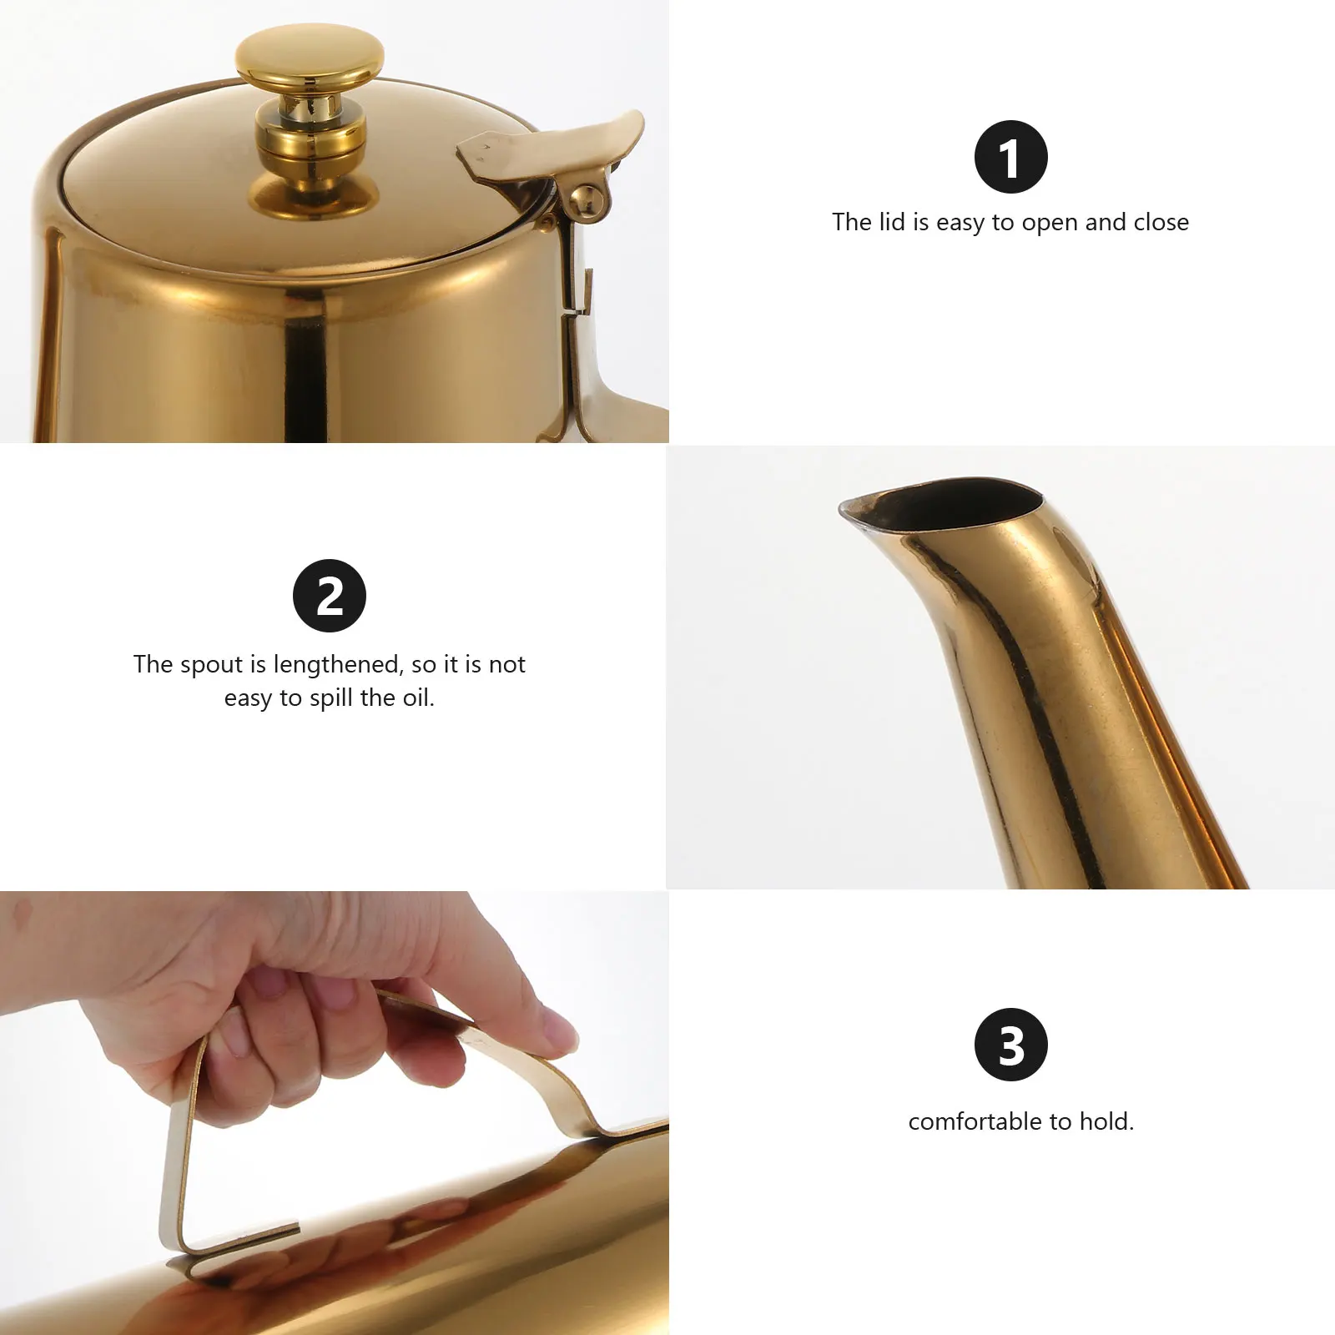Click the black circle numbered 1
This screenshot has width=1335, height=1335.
pos(1010,157)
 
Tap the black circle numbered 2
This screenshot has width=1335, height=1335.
pos(330,596)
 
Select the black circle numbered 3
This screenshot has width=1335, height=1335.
pos(1010,1045)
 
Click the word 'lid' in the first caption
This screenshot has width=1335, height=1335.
pos(891,222)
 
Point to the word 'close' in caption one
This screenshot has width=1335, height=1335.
pos(1161,222)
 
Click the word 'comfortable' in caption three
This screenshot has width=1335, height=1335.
pos(975,1121)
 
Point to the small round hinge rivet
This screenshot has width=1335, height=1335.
pos(586,199)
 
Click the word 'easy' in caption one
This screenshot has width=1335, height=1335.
pos(960,223)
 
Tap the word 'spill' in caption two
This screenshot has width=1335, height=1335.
pos(331,698)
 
